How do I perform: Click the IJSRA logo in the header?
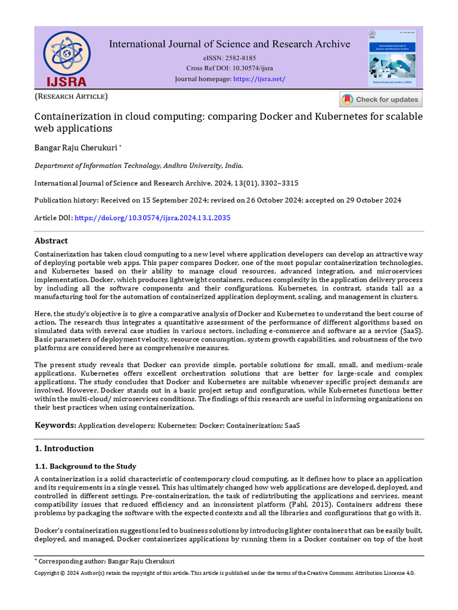click(65, 58)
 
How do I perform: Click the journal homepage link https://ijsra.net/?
click(259, 79)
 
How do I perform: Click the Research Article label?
click(71, 97)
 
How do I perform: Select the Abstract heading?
click(51, 241)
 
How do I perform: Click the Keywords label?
click(55, 425)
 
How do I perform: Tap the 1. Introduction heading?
click(64, 448)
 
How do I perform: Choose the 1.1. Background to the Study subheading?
click(85, 466)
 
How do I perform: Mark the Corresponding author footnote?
click(106, 561)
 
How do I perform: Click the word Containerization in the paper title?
click(70, 117)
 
